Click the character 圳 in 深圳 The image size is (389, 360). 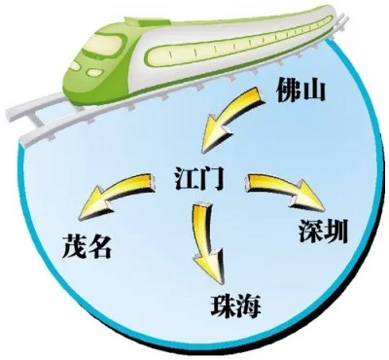tap(338, 234)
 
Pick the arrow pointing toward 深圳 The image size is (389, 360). tap(285, 191)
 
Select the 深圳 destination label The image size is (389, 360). tap(327, 234)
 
